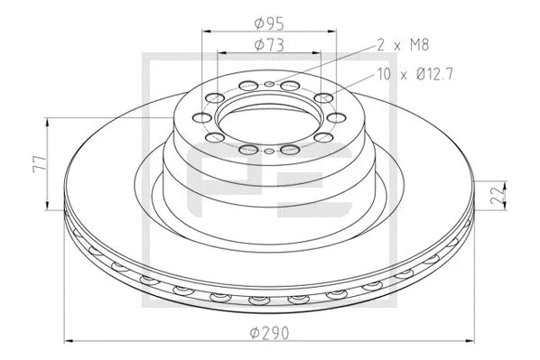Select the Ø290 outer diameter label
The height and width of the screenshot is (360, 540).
point(269,334)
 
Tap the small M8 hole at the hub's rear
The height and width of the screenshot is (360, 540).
point(270,84)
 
